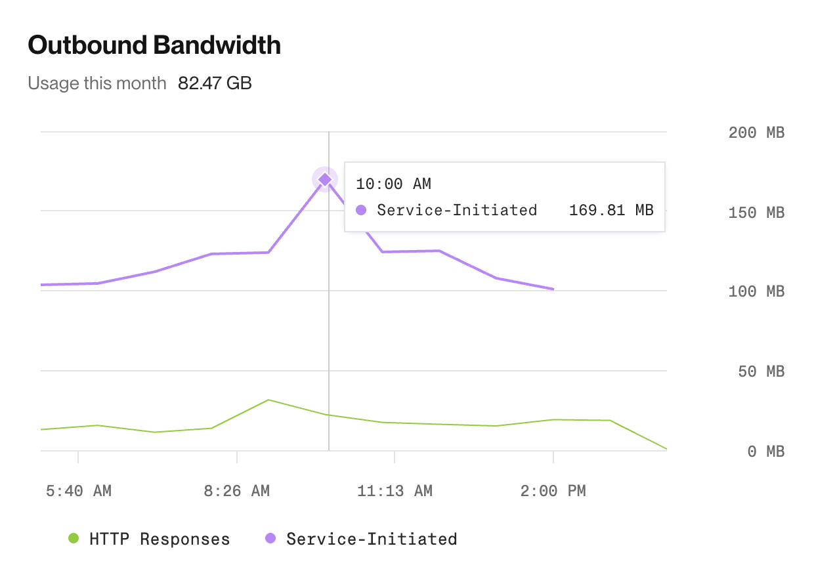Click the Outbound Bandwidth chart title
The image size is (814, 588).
pyautogui.click(x=154, y=45)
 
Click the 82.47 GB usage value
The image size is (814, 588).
pyautogui.click(x=215, y=83)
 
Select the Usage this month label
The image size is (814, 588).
pyautogui.click(x=97, y=83)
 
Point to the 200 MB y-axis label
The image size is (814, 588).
pyautogui.click(x=756, y=133)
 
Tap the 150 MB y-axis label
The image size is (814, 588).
pyautogui.click(x=756, y=213)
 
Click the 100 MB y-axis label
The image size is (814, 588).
pyautogui.click(x=756, y=291)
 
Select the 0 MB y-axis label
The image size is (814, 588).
pyautogui.click(x=766, y=451)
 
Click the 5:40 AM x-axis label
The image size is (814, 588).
pyautogui.click(x=79, y=491)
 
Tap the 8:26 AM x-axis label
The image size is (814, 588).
pyautogui.click(x=236, y=491)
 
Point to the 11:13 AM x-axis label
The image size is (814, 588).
pyautogui.click(x=395, y=491)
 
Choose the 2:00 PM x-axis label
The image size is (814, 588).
pyautogui.click(x=553, y=491)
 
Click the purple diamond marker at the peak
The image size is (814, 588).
pyautogui.click(x=324, y=179)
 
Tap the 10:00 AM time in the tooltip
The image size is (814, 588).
pyautogui.click(x=393, y=184)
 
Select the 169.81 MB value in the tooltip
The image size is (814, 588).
pyautogui.click(x=611, y=211)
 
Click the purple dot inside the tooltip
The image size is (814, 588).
pyautogui.click(x=360, y=211)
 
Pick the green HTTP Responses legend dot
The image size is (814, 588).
pyautogui.click(x=74, y=539)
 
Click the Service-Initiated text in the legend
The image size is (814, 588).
pyautogui.click(x=372, y=539)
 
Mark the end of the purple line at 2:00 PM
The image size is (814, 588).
pyautogui.click(x=553, y=289)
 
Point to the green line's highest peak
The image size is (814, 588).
pyautogui.click(x=268, y=400)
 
